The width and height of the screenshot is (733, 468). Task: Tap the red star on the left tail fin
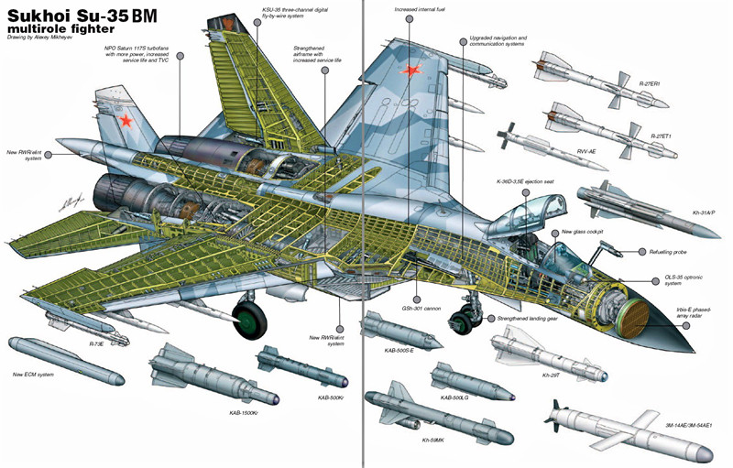[126, 120]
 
